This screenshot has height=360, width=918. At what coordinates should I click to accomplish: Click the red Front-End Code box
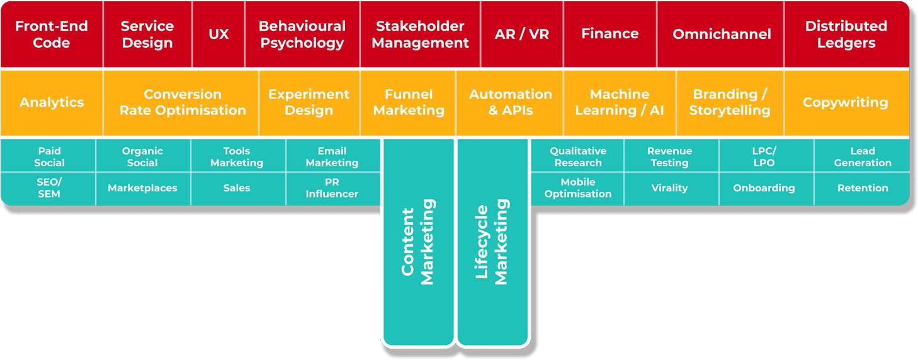pyautogui.click(x=52, y=34)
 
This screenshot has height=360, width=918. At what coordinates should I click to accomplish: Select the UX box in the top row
pyautogui.click(x=218, y=34)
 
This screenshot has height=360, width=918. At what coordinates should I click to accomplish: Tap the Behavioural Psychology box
pyautogui.click(x=302, y=34)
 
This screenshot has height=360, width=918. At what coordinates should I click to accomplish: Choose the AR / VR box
pyautogui.click(x=522, y=34)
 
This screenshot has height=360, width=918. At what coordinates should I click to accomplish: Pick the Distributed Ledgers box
pyautogui.click(x=847, y=34)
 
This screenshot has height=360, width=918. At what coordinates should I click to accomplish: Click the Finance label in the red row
pyautogui.click(x=610, y=33)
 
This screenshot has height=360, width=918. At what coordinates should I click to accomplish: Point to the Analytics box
pyautogui.click(x=52, y=103)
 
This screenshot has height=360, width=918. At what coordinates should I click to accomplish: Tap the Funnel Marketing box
pyautogui.click(x=408, y=103)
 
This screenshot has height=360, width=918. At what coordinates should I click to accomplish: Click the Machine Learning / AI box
pyautogui.click(x=620, y=103)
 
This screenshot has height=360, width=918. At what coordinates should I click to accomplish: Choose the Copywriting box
pyautogui.click(x=847, y=103)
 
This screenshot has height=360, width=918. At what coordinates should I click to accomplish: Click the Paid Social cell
pyautogui.click(x=48, y=155)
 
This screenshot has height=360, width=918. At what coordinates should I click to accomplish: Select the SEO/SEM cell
pyautogui.click(x=48, y=189)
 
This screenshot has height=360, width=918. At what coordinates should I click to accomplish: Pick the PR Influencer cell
pyautogui.click(x=333, y=189)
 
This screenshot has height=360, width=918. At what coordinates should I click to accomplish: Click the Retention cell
pyautogui.click(x=862, y=189)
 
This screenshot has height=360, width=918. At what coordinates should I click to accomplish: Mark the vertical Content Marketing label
pyautogui.click(x=417, y=242)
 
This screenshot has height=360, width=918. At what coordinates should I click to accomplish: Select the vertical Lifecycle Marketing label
pyautogui.click(x=492, y=242)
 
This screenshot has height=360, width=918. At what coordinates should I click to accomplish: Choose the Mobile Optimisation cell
pyautogui.click(x=577, y=189)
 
